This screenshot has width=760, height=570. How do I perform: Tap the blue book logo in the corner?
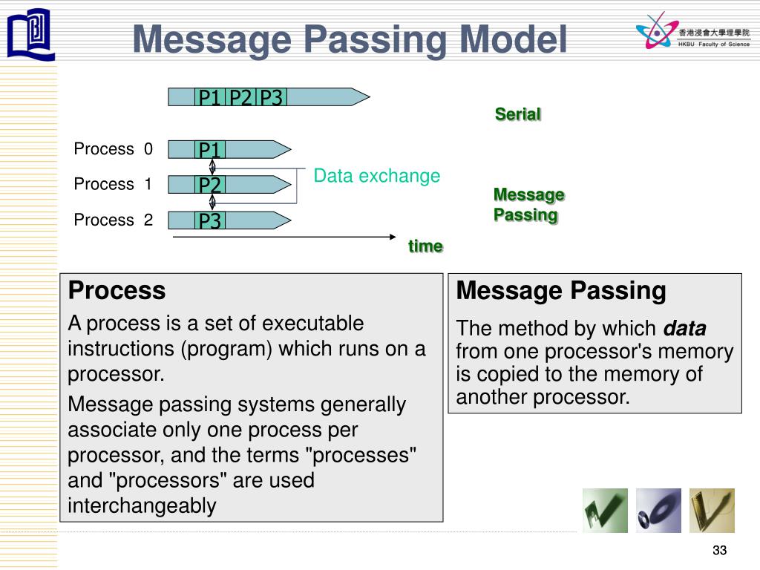[x=30, y=33]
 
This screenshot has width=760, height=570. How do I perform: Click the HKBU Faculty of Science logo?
[x=692, y=33]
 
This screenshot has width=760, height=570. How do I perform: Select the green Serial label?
[x=518, y=114]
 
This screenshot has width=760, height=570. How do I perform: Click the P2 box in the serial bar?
[x=240, y=97]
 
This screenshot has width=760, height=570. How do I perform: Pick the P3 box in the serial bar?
[x=272, y=97]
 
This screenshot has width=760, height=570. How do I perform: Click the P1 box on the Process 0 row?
[x=210, y=150]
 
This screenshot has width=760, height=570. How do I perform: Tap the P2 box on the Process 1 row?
[x=210, y=185]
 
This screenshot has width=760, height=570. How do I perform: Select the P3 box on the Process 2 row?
[x=210, y=220]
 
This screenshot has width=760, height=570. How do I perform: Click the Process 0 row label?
[x=113, y=149]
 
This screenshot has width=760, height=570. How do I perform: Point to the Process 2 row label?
[x=113, y=220]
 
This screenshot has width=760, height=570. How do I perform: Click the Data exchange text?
[x=376, y=176]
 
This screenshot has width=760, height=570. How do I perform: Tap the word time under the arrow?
[x=425, y=246]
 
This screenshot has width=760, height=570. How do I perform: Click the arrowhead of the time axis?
[x=393, y=237]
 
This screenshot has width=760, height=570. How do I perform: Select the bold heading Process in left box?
[x=117, y=290]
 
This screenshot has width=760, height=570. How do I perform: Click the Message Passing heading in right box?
[x=561, y=290]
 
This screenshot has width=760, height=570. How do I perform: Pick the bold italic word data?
[x=684, y=328]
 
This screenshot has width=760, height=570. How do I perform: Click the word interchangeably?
[x=142, y=505]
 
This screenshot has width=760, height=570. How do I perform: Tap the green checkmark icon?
[x=604, y=510]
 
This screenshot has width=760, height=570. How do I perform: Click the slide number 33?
[x=719, y=550]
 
